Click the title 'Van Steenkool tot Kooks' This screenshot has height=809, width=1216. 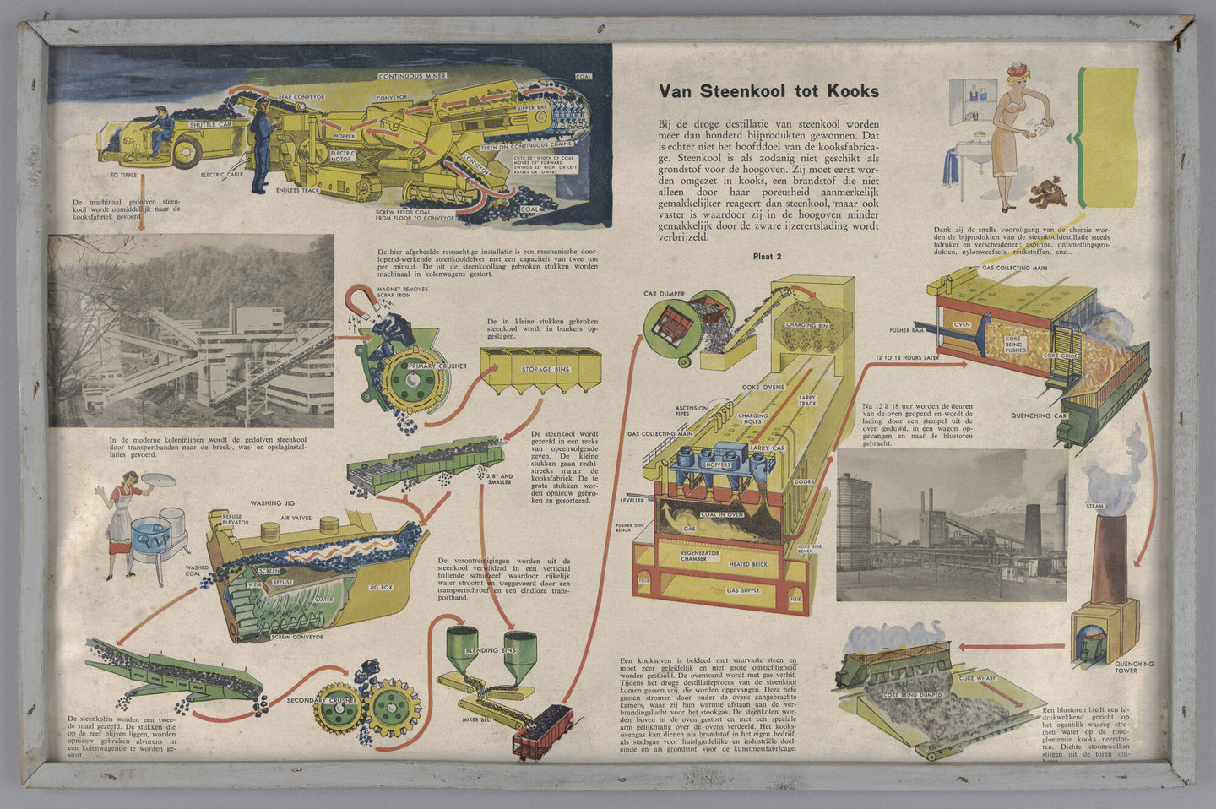pos(768,91)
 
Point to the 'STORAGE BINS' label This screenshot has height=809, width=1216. pos(545,369)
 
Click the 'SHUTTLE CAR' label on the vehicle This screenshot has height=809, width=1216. pos(209,125)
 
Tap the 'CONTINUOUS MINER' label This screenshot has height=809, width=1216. pos(412,76)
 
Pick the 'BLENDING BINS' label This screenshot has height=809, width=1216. pos(490,651)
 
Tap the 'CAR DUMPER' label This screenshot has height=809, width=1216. pos(664,294)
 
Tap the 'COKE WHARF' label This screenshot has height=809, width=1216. pos(978,678)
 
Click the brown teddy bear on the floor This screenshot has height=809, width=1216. pos(1048,193)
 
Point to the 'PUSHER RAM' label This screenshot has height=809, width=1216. pos(908,330)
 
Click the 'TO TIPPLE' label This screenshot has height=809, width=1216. pos(123,176)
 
